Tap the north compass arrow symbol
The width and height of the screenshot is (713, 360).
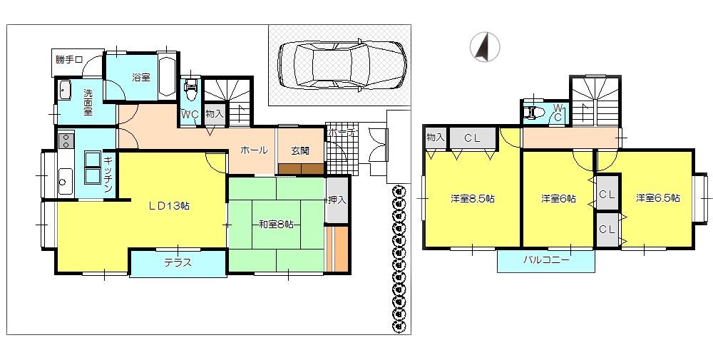pyautogui.click(x=484, y=47)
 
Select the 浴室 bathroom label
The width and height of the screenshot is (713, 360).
pyautogui.click(x=141, y=77)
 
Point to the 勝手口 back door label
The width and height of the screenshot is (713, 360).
pyautogui.click(x=69, y=59)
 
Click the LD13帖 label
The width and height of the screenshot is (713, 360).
pyautogui.click(x=169, y=205)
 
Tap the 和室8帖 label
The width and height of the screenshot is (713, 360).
pyautogui.click(x=276, y=224)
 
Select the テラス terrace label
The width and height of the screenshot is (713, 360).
pyautogui.click(x=178, y=262)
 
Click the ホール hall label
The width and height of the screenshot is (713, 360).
pyautogui.click(x=254, y=150)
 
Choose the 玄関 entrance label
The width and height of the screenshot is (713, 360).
pyautogui.click(x=300, y=150)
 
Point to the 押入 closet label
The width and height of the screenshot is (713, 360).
pyautogui.click(x=337, y=200)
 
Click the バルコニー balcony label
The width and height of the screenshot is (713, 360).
pyautogui.click(x=546, y=260)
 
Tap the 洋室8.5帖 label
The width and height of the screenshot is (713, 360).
pyautogui.click(x=472, y=198)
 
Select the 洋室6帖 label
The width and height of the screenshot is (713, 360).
pyautogui.click(x=558, y=198)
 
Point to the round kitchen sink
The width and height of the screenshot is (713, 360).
pyautogui.click(x=63, y=182)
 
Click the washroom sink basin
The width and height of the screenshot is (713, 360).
pyautogui.click(x=65, y=91)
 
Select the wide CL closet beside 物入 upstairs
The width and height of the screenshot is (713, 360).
pyautogui.click(x=471, y=138)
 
